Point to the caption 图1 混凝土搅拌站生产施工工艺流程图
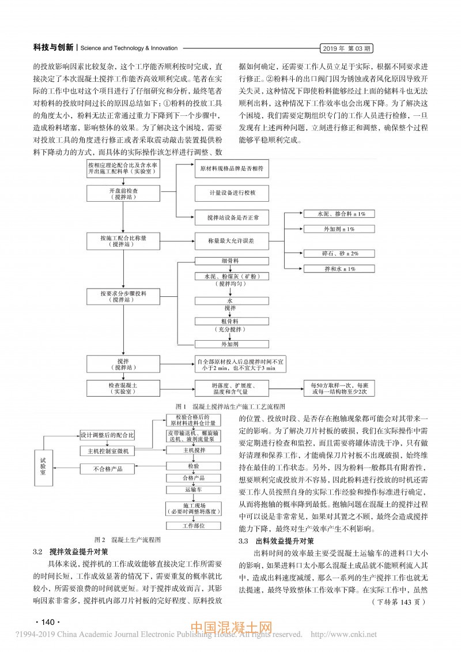231,406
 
